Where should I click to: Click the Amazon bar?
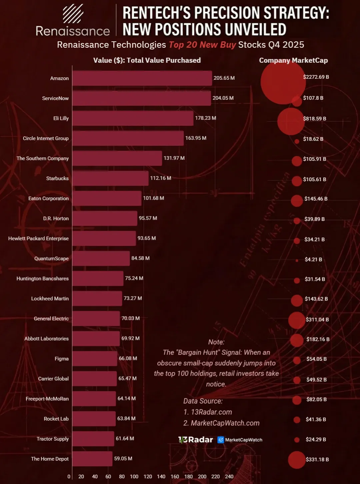click(142, 78)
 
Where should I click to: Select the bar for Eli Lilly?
click(133, 118)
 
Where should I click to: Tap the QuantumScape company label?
click(51, 259)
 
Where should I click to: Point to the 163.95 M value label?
click(196, 138)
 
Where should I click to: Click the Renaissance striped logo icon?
click(73, 14)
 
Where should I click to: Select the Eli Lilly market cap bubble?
click(291, 121)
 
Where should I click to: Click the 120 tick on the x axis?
click(148, 476)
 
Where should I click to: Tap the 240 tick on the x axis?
click(229, 476)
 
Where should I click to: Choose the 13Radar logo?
click(196, 440)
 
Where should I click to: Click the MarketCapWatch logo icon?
click(221, 440)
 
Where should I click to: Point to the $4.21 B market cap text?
click(313, 260)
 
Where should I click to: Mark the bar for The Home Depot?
click(92, 459)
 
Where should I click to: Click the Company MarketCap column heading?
click(293, 60)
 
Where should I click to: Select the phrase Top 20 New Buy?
click(202, 45)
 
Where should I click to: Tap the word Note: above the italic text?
click(216, 342)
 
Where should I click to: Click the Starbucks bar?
click(110, 178)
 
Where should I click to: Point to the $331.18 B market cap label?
click(317, 459)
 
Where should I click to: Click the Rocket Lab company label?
click(56, 419)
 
